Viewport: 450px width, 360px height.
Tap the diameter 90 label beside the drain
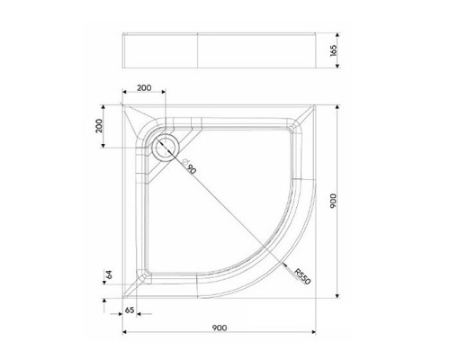(188, 166)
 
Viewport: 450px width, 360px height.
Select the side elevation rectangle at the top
(221, 49)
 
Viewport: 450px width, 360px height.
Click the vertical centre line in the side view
(195, 49)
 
